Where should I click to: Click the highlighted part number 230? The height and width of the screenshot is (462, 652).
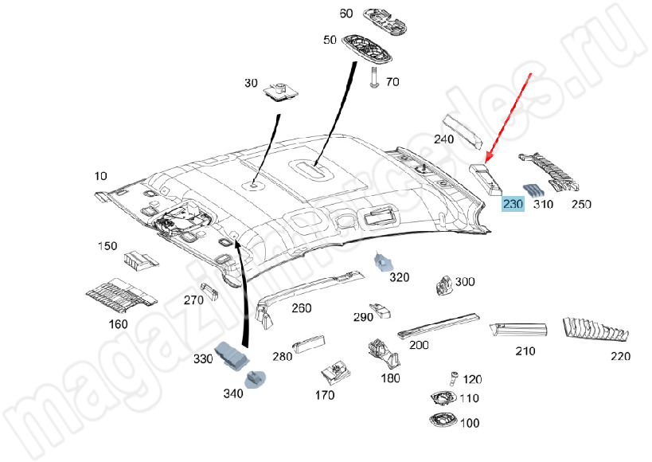(x=513, y=205)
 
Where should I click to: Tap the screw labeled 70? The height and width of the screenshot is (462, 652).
(x=374, y=76)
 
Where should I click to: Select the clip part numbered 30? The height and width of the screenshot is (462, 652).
(x=280, y=92)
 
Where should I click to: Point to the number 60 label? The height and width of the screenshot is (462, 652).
(x=346, y=14)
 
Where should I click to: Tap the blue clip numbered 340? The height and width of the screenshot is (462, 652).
(x=256, y=378)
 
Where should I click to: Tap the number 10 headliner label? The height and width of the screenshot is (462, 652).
(x=100, y=175)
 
